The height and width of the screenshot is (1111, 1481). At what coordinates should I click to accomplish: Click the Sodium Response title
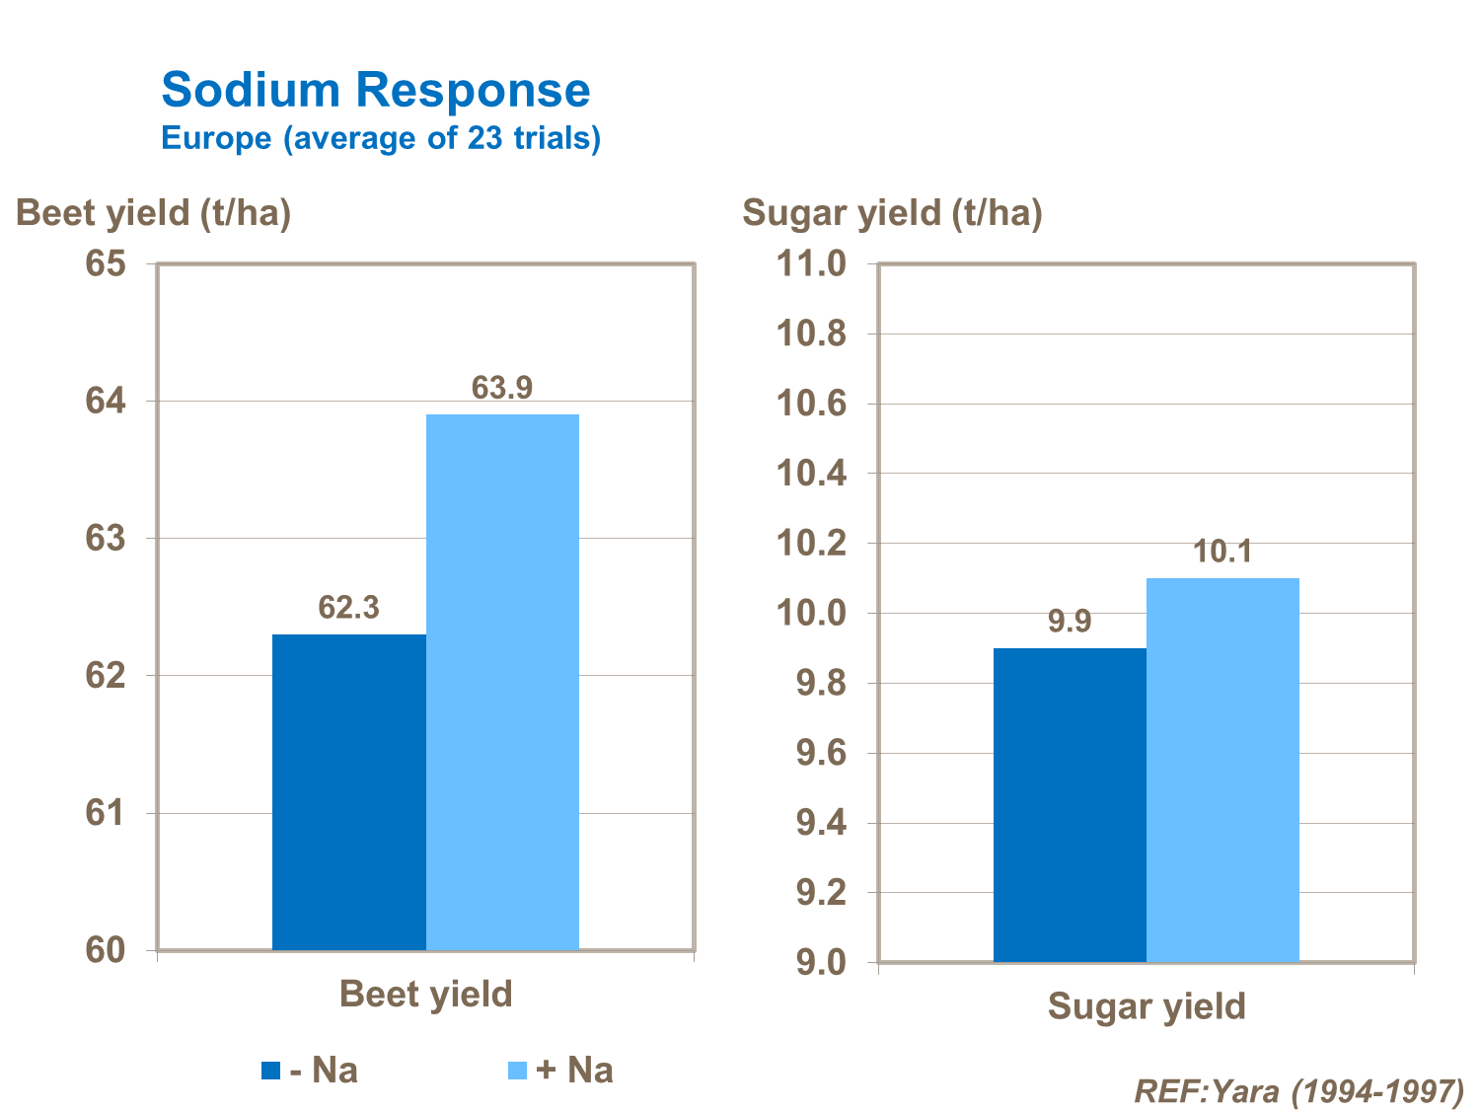(x=376, y=91)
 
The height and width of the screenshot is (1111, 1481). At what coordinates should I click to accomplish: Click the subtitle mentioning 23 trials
(x=381, y=138)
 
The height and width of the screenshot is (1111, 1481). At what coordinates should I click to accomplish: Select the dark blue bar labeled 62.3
(x=348, y=791)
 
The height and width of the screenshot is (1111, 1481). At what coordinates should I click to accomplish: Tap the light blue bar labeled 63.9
(x=502, y=681)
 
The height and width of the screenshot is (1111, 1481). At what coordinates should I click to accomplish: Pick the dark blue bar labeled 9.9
(x=1070, y=804)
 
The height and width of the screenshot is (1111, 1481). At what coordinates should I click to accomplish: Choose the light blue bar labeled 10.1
(x=1222, y=770)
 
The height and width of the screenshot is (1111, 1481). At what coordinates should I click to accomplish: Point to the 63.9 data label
(x=502, y=388)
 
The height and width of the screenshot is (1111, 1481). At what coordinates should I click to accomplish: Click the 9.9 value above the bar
(x=1070, y=622)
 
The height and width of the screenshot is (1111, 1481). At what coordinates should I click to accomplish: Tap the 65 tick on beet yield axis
(x=106, y=264)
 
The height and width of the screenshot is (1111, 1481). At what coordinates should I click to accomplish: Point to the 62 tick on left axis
(x=106, y=676)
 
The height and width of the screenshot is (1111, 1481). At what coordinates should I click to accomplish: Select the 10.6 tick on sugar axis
(x=811, y=404)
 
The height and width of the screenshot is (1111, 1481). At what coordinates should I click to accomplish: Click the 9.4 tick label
(x=821, y=823)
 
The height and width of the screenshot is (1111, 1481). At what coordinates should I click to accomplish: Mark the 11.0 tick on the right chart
(x=811, y=264)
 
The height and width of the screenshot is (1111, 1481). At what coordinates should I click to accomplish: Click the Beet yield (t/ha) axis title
(x=154, y=213)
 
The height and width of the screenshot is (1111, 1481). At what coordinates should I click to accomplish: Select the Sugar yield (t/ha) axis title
(x=892, y=213)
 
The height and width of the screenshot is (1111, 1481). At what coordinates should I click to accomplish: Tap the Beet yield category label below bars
(x=425, y=994)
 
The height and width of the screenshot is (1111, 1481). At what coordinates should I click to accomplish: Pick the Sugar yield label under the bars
(x=1147, y=1006)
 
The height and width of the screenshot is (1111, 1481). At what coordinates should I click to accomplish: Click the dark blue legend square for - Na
(x=270, y=1071)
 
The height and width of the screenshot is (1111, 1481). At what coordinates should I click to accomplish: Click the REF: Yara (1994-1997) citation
(x=1298, y=1091)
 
